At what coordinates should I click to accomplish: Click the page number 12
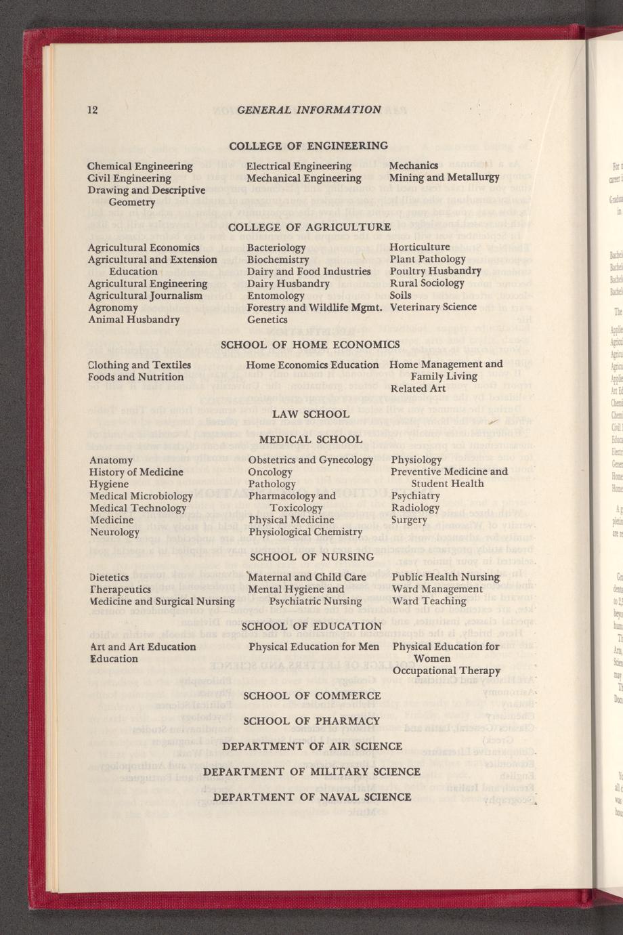(x=93, y=110)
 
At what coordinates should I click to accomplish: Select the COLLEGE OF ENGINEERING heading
(x=308, y=146)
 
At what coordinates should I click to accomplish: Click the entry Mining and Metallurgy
(x=444, y=178)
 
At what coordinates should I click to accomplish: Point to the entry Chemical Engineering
(x=140, y=166)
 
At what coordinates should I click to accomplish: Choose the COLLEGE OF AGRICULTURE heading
(x=309, y=227)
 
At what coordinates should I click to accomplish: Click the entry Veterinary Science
(x=433, y=307)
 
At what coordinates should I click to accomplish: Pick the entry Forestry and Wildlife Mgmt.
(x=314, y=308)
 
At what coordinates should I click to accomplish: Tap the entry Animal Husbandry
(x=134, y=319)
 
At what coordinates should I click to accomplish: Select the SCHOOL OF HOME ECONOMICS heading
(x=309, y=344)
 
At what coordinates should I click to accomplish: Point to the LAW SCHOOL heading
(x=310, y=414)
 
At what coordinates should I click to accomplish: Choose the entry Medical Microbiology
(x=141, y=496)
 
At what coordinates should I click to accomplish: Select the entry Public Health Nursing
(x=446, y=577)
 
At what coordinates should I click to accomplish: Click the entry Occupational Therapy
(x=446, y=670)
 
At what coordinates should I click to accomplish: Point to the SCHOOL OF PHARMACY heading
(x=311, y=721)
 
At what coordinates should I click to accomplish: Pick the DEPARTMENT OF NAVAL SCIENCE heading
(x=311, y=797)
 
